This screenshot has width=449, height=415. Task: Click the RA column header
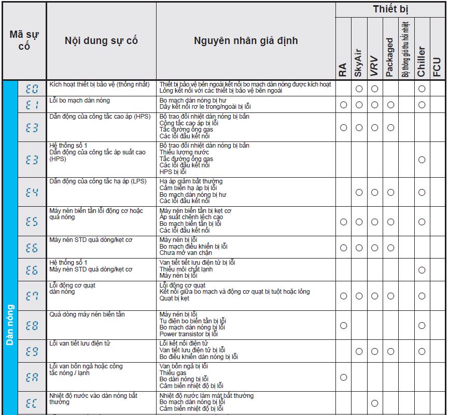343,70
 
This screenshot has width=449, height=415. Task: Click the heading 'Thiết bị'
392,9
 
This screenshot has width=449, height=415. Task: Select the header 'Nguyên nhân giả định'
246,40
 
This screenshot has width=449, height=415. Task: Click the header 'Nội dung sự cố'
101,40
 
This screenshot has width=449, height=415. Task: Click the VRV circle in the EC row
374,403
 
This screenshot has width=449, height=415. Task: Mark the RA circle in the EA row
343,377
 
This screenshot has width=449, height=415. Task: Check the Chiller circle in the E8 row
422,325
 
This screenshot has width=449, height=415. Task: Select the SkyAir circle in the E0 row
358,89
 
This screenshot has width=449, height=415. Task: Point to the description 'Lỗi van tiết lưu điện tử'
80,344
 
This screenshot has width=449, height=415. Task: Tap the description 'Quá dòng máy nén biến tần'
87,314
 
